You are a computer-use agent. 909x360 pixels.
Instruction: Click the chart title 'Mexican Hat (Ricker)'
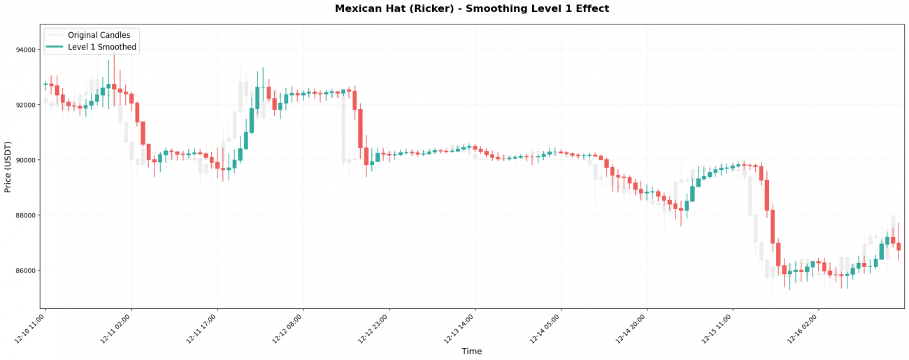[471, 9]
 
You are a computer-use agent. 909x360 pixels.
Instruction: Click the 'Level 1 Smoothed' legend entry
[102, 48]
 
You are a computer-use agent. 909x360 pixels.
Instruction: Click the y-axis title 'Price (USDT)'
[8, 166]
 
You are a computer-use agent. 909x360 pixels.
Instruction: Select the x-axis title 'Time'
[471, 352]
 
